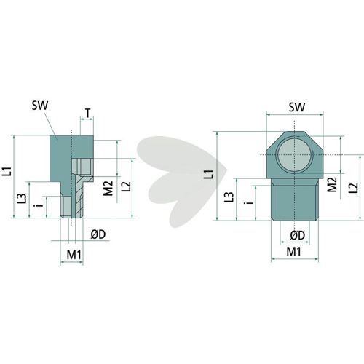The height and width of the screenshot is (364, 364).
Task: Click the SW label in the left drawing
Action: tap(40, 106)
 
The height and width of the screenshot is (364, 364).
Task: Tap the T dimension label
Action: tap(87, 113)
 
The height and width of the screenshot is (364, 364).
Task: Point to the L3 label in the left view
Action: tap(22, 198)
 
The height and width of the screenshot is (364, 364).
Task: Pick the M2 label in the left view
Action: tap(108, 188)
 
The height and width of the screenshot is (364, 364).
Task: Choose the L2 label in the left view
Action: tap(126, 186)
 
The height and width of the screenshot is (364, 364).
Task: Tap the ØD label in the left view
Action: tap(98, 234)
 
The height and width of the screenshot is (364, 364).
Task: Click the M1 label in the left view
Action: tap(74, 255)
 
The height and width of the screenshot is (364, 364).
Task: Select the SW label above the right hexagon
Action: tap(297, 107)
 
